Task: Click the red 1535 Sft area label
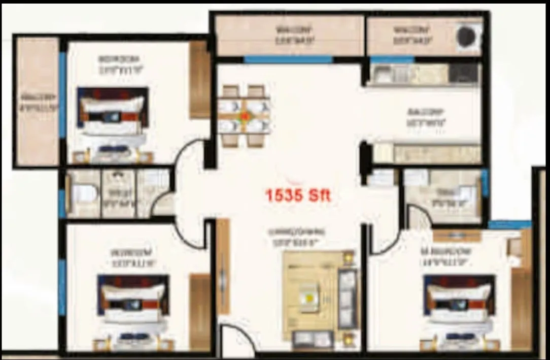point(298,194)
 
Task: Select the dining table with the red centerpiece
point(245,116)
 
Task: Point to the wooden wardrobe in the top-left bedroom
point(199,80)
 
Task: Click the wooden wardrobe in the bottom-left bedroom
point(199,310)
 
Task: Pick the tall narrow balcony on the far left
point(38,102)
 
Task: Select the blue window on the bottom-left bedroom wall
point(62,287)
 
